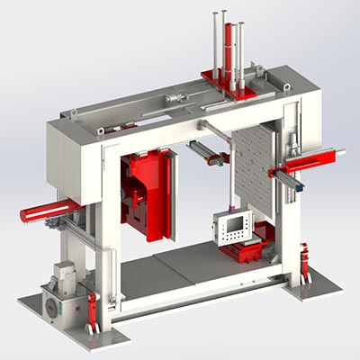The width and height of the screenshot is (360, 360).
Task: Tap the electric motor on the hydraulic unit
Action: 65,274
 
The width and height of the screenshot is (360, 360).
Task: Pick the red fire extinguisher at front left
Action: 92,310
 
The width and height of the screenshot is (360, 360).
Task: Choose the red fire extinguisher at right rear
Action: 305,262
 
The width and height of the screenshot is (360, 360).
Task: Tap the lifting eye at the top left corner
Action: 75,111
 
